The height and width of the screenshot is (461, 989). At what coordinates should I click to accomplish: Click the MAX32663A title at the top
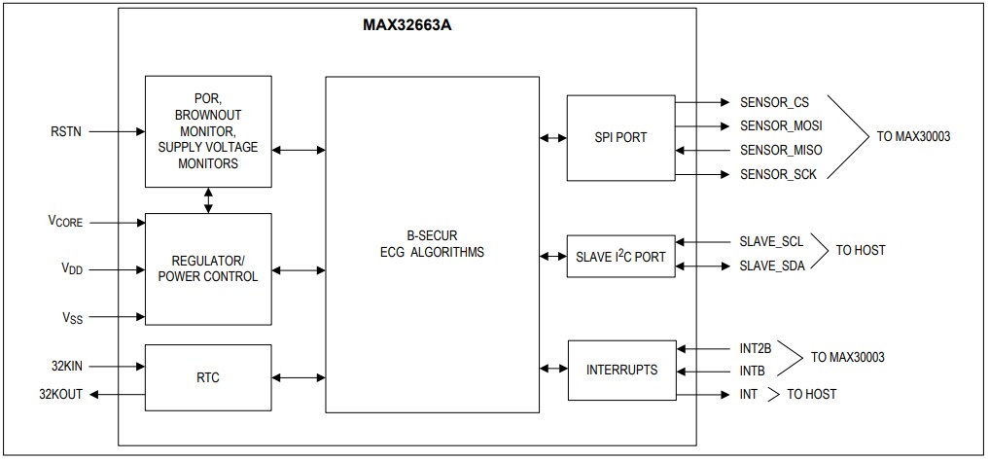pyautogui.click(x=406, y=25)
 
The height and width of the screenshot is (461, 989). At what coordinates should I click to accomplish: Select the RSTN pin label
pyautogui.click(x=66, y=130)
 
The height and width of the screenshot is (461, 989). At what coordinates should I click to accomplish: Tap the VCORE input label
pyautogui.click(x=66, y=223)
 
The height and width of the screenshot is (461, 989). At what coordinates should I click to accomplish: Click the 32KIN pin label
pyautogui.click(x=67, y=367)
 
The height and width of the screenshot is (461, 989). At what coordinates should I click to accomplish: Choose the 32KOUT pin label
pyautogui.click(x=61, y=394)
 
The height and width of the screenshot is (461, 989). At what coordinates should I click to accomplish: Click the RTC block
pyautogui.click(x=208, y=378)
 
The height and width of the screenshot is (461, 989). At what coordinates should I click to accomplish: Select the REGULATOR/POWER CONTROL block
pyautogui.click(x=208, y=268)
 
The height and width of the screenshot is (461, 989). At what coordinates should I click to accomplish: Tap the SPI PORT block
pyautogui.click(x=620, y=137)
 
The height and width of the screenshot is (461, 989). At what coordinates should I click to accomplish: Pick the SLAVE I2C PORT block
pyautogui.click(x=620, y=257)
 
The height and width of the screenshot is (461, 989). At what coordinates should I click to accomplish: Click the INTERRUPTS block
pyautogui.click(x=620, y=370)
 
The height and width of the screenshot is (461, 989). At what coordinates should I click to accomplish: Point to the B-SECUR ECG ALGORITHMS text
pyautogui.click(x=432, y=244)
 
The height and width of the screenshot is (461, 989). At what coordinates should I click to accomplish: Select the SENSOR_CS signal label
pyautogui.click(x=774, y=102)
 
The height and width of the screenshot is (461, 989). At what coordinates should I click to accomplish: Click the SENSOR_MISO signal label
pyautogui.click(x=780, y=150)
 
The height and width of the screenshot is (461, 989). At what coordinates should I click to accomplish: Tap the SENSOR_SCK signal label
pyautogui.click(x=777, y=174)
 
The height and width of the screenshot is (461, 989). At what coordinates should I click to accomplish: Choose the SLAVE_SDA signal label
pyautogui.click(x=771, y=266)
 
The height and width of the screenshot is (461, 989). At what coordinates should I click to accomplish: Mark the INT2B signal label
pyautogui.click(x=756, y=347)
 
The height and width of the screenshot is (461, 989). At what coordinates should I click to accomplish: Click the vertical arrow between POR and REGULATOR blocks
pyautogui.click(x=208, y=200)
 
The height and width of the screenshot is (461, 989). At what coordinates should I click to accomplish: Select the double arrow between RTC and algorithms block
pyautogui.click(x=299, y=378)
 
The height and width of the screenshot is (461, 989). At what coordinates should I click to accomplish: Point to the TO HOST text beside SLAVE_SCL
pyautogui.click(x=861, y=251)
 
